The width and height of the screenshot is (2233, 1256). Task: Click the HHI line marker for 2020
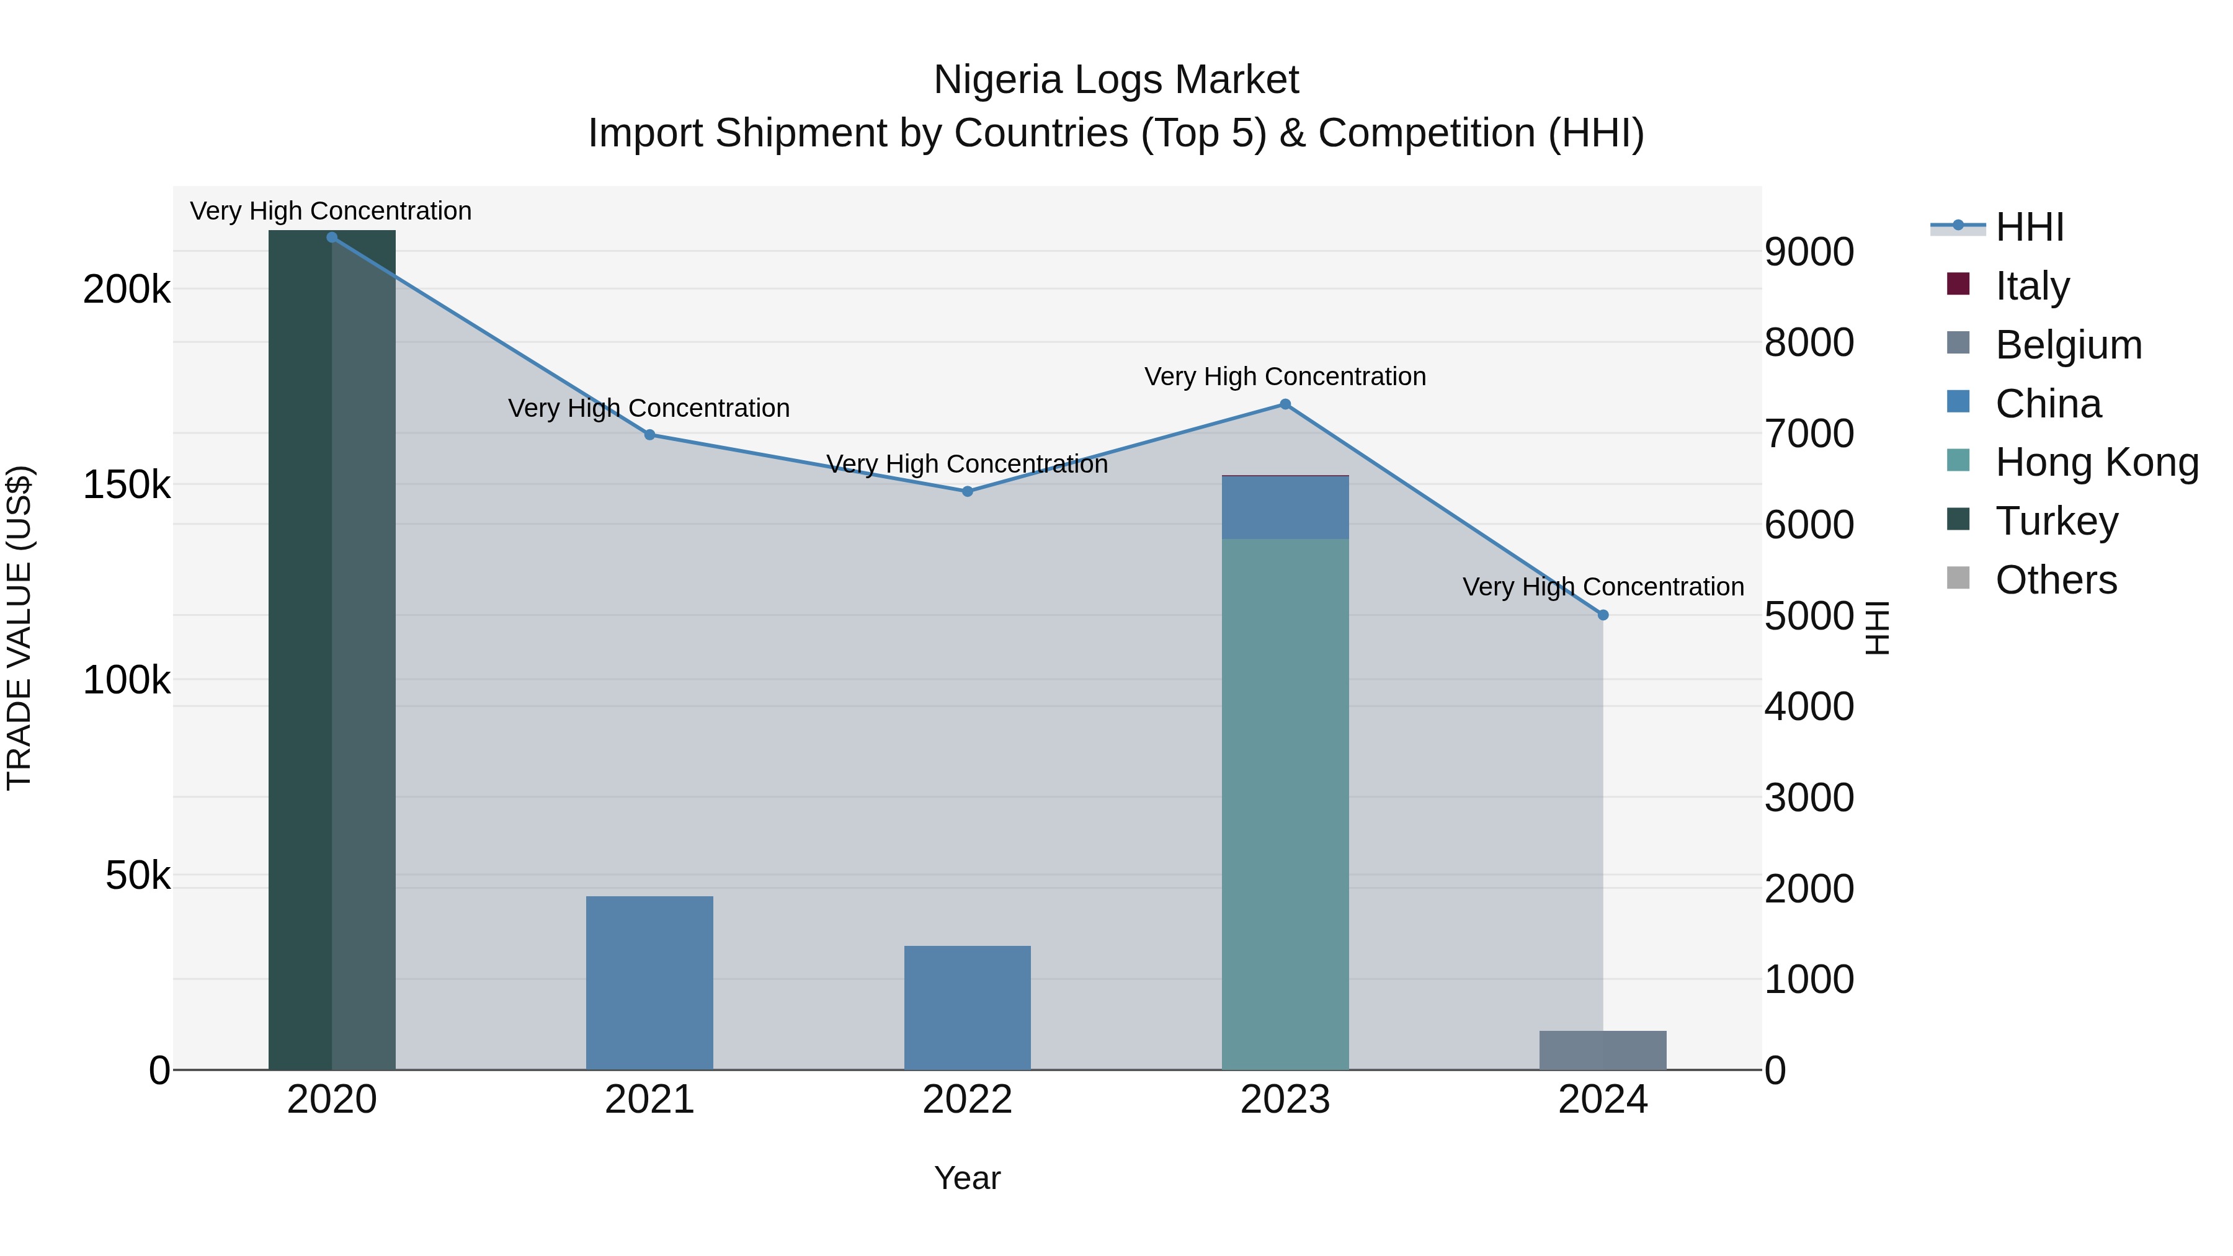click(x=332, y=238)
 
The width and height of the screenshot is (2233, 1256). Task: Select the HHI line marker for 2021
click(x=650, y=435)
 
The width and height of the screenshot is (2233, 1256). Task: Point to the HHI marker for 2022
click(x=968, y=491)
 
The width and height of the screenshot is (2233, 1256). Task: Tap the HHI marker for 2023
click(x=1286, y=404)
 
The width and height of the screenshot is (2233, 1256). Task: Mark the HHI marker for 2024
click(x=1603, y=615)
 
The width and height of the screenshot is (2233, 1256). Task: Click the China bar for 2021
click(x=650, y=983)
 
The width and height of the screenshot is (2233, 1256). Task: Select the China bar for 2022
click(x=968, y=1007)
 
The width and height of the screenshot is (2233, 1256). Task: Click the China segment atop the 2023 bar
click(x=1286, y=508)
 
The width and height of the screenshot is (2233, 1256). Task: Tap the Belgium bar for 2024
click(x=1603, y=1051)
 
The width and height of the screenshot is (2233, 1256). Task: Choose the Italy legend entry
click(x=2032, y=286)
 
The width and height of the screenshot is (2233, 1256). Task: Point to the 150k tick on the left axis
click(x=127, y=484)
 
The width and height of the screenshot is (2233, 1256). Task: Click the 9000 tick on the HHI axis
click(x=1809, y=252)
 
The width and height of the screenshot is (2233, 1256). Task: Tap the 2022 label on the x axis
click(x=968, y=1100)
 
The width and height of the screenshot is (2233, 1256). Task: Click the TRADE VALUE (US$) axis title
click(x=19, y=628)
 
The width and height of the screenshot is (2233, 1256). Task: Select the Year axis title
click(x=968, y=1178)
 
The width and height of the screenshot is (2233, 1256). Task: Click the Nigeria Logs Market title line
click(x=1116, y=80)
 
